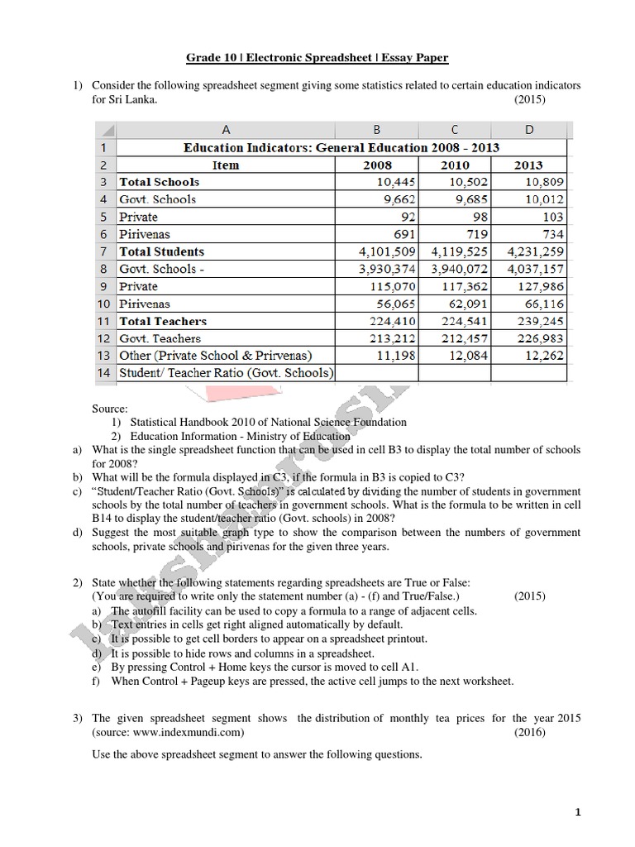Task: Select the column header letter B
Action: click(x=377, y=130)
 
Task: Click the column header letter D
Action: click(x=529, y=130)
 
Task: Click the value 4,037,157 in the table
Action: click(x=536, y=269)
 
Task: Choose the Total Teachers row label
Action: click(x=163, y=321)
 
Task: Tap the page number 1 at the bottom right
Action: click(x=579, y=813)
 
